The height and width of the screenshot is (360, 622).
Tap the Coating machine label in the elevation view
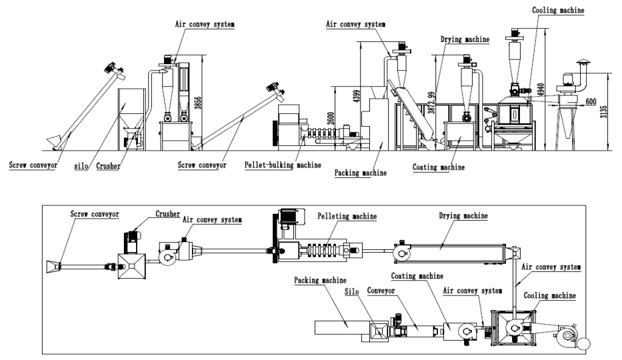438,167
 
